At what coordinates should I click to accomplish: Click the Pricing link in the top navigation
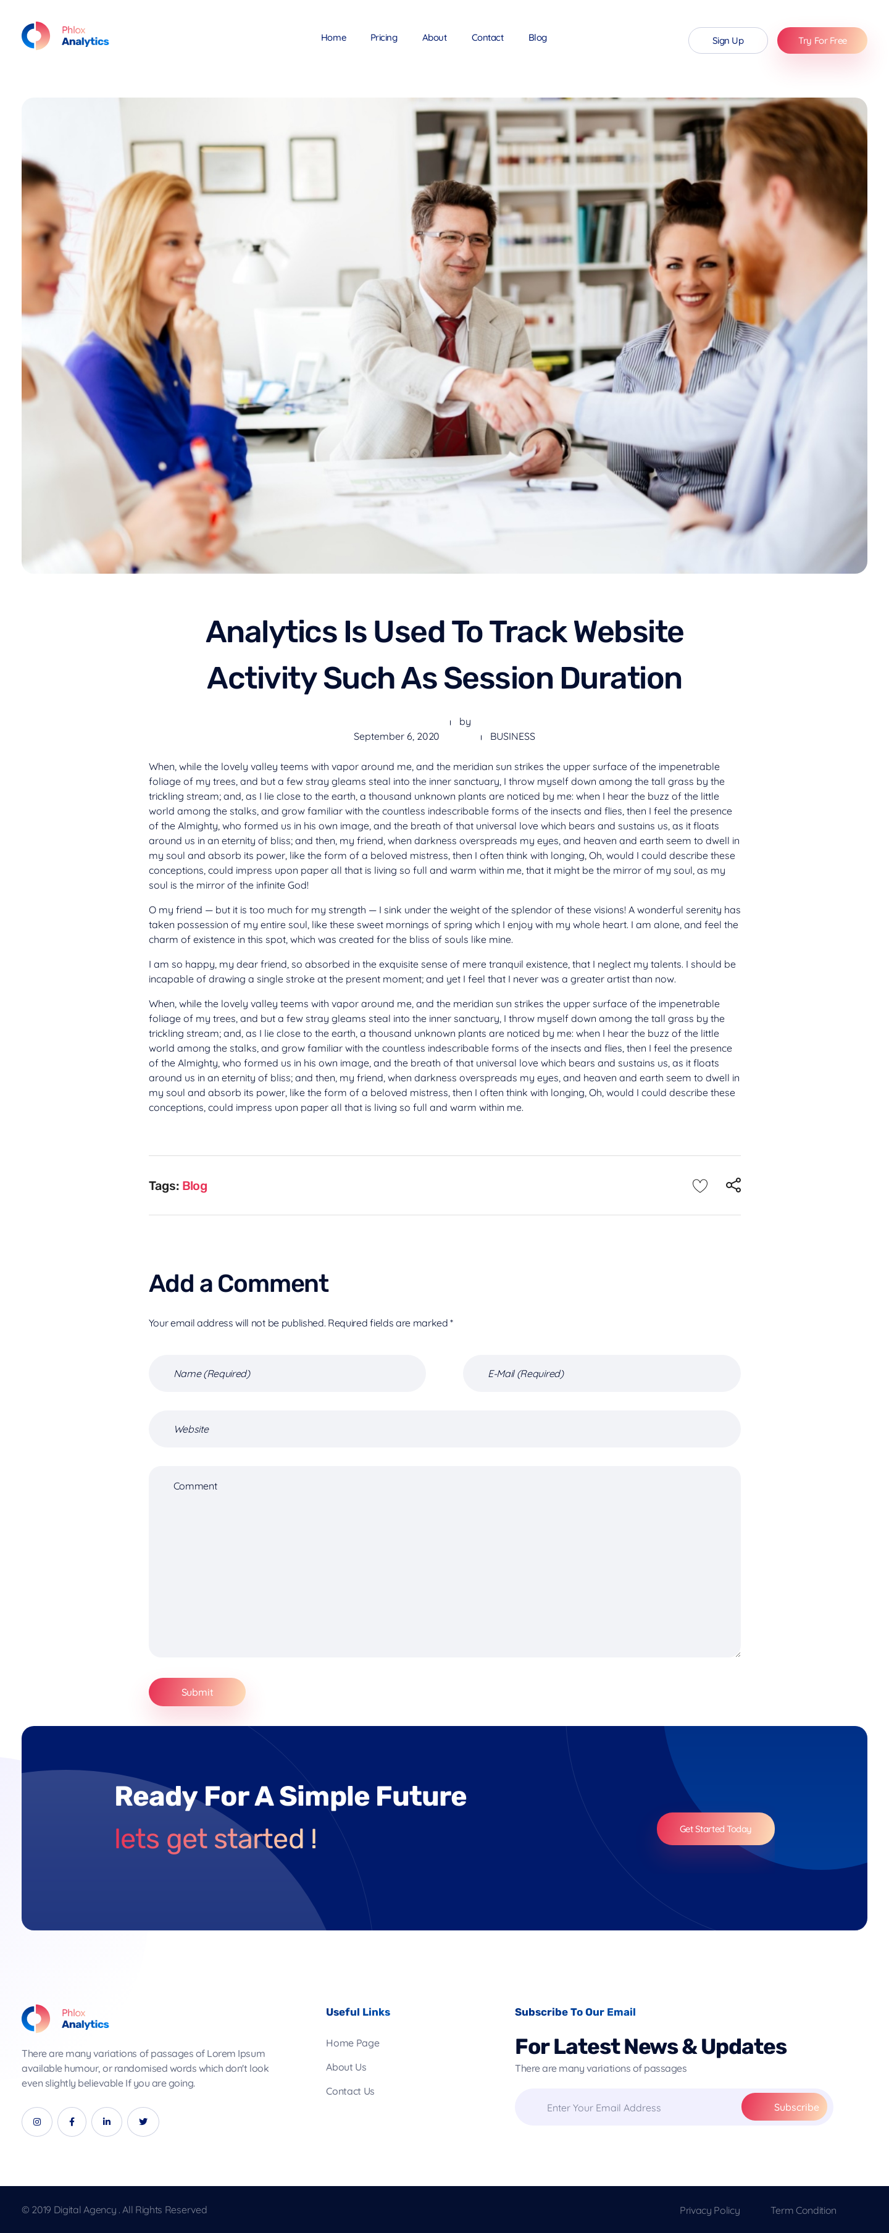(384, 38)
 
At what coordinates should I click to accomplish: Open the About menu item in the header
(434, 38)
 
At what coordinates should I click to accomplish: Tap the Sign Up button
(727, 41)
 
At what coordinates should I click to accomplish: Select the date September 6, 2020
(396, 737)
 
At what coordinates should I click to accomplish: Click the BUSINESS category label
(512, 737)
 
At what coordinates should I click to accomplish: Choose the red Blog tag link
(195, 1186)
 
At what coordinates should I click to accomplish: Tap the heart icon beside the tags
(699, 1185)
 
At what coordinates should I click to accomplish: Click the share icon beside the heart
(733, 1185)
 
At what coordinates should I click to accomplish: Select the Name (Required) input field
(287, 1373)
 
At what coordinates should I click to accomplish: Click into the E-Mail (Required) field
(601, 1373)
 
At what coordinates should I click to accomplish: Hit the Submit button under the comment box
(197, 1692)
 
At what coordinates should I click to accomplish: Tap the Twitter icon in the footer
(143, 2121)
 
